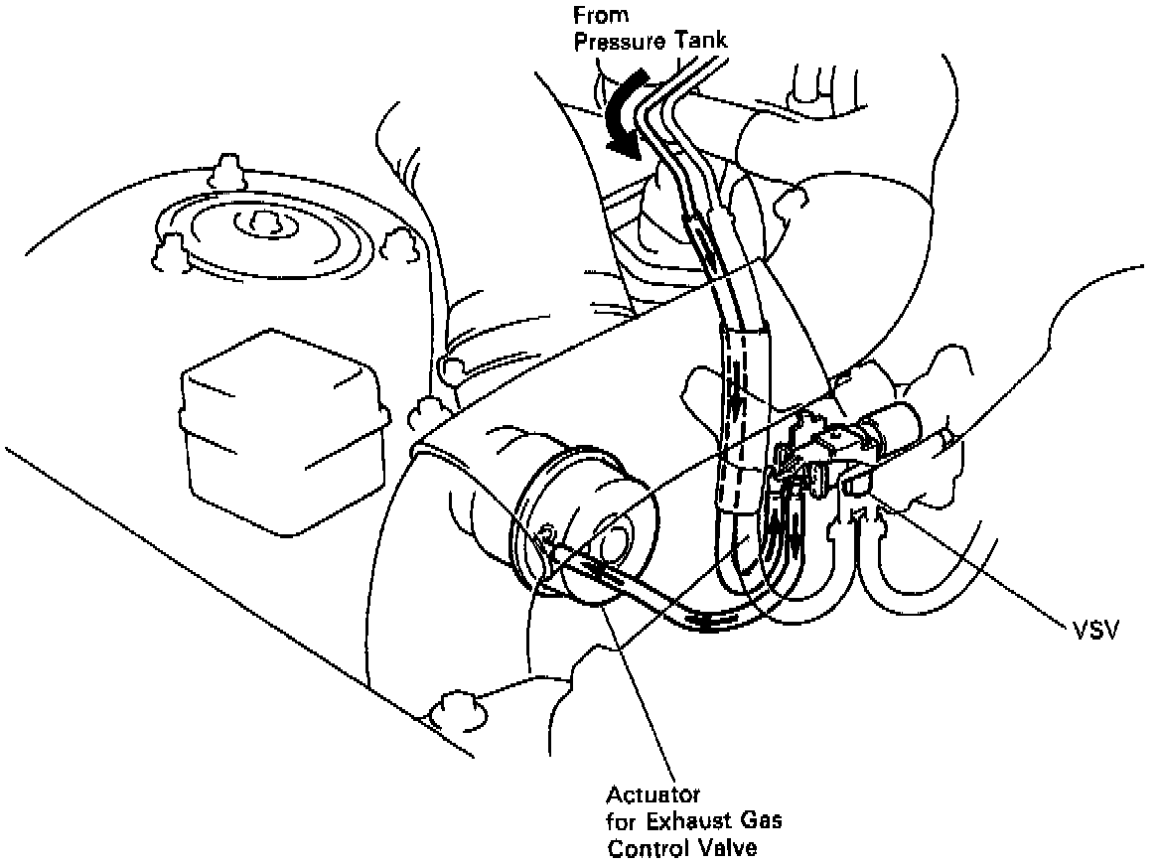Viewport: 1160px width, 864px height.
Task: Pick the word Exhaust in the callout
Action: coord(689,822)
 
